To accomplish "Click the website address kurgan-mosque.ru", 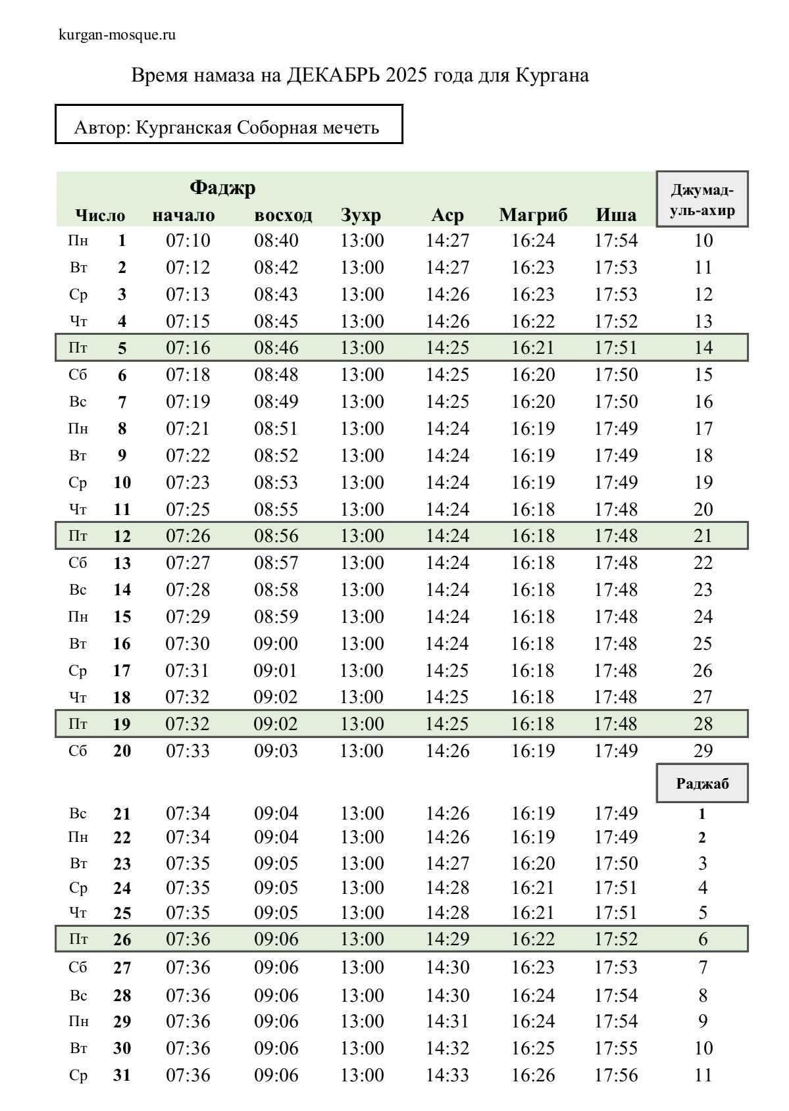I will point(117,35).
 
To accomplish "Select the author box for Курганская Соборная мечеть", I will point(228,124).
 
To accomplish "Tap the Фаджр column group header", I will point(222,188).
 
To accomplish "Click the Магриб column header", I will point(533,215).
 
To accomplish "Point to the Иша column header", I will point(616,215).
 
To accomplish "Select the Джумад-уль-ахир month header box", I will point(702,199).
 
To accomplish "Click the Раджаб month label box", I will point(702,783).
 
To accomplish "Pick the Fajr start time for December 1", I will point(188,241).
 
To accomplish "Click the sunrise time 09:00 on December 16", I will point(276,643).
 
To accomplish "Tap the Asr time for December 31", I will point(447,1075).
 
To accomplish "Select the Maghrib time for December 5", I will point(533,347).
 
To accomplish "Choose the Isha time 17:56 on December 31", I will point(616,1075).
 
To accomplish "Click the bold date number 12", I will point(122,536).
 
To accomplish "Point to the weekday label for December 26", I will point(78,939).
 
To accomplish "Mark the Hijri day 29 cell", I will point(703,751).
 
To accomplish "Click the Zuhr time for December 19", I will point(361,724).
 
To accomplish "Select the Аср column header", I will point(447,215).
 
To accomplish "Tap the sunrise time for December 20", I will point(276,751).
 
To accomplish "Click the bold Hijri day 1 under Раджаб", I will point(702,814).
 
